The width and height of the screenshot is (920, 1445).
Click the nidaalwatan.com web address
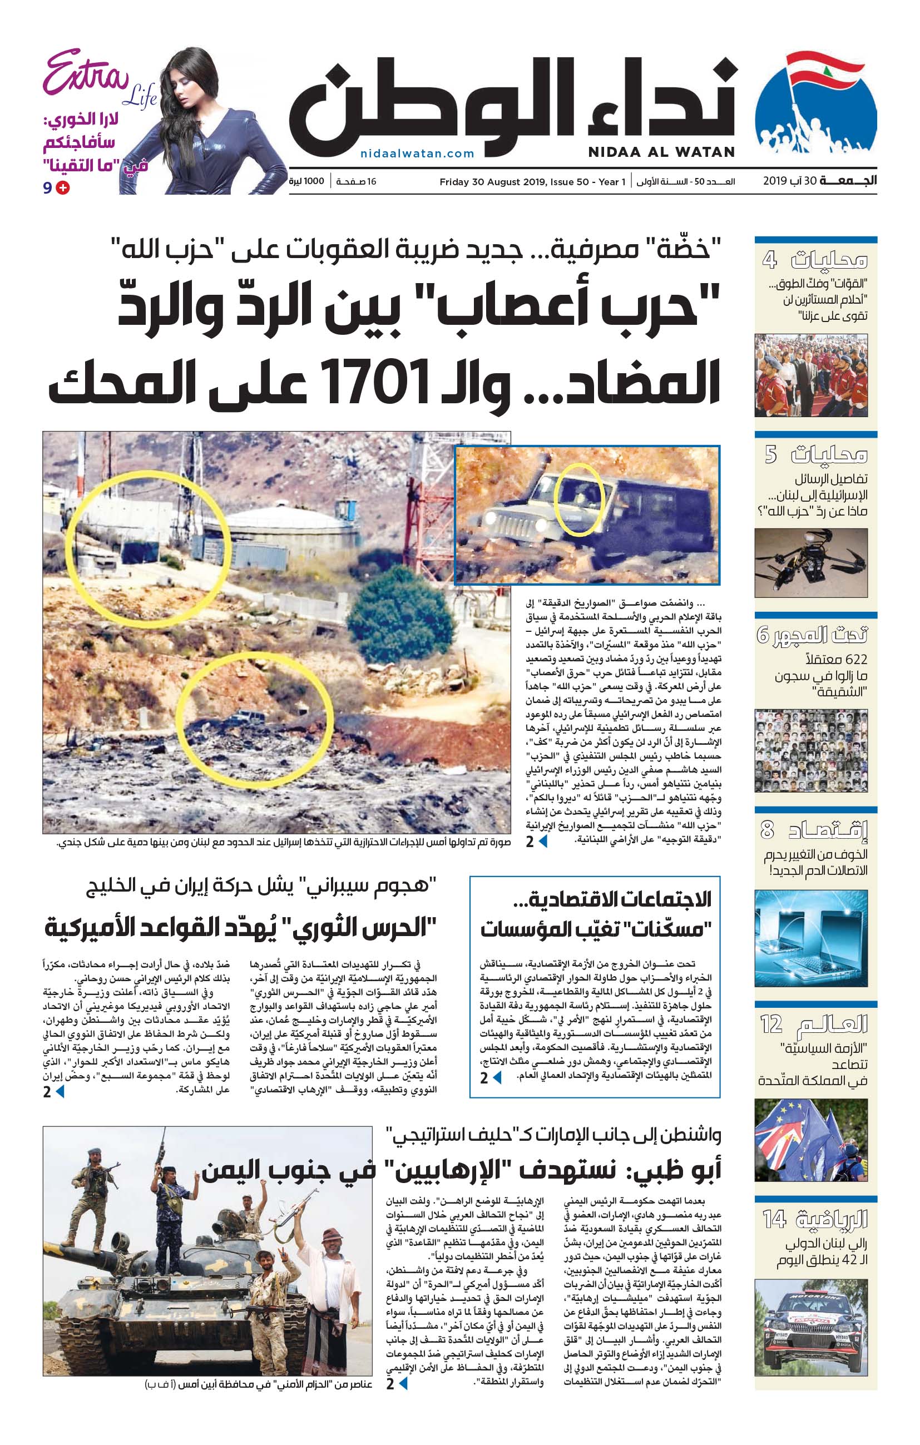point(417,154)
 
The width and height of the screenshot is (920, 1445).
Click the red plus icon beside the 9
point(62,188)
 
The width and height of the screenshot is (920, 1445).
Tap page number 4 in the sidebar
point(769,260)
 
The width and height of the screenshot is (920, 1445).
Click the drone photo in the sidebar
point(811,563)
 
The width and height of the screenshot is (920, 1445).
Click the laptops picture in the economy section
point(811,938)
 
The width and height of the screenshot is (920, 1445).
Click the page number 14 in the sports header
point(774,1219)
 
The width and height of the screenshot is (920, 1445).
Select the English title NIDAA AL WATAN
point(661,152)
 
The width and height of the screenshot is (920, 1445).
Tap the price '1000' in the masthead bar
point(314,181)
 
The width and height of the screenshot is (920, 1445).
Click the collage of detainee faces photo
point(811,751)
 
